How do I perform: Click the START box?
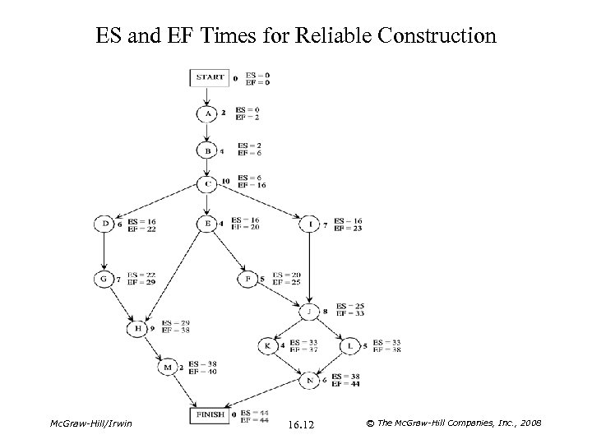click(210, 79)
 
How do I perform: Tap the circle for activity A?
click(207, 113)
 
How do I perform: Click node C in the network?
click(207, 183)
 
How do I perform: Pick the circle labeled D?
click(104, 224)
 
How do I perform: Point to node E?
click(207, 224)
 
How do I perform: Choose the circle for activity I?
click(311, 224)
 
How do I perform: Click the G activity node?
click(104, 280)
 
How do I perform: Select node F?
click(248, 279)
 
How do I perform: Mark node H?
click(137, 329)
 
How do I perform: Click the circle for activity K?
click(267, 345)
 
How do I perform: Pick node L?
click(350, 345)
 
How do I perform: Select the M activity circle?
click(168, 368)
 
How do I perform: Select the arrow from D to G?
click(104, 252)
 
